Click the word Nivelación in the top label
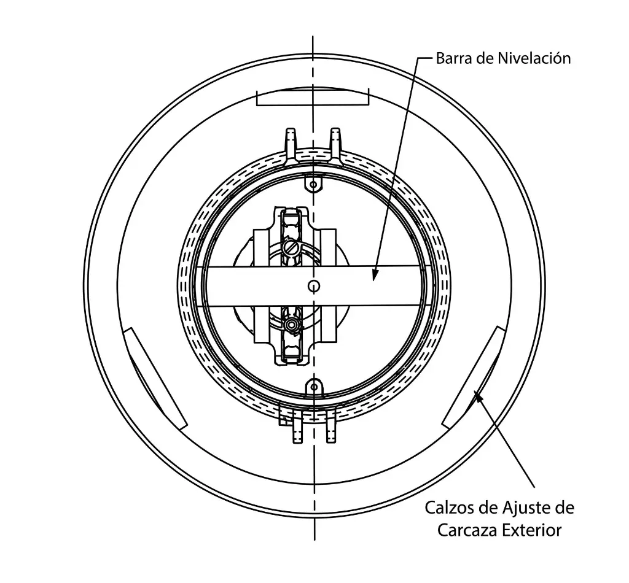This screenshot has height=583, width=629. (534, 58)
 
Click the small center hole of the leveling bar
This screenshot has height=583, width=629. (314, 286)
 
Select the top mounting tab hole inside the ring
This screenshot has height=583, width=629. (314, 184)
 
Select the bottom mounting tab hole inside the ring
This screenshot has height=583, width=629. (314, 387)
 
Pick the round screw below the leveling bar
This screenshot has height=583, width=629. (291, 324)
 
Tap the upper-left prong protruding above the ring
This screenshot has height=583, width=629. (291, 146)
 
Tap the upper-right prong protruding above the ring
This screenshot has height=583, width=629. (336, 146)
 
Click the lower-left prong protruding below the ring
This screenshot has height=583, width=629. (297, 428)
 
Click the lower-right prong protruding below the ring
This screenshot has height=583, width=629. (331, 427)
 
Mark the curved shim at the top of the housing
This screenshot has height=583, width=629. (313, 96)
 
